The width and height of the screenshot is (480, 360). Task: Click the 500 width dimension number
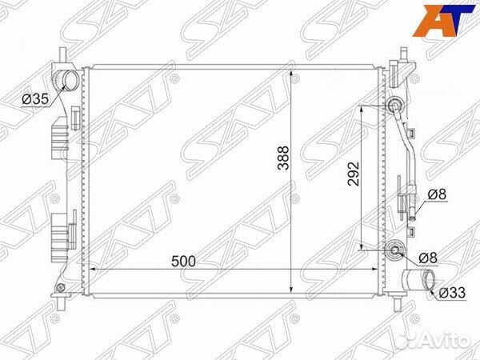183,261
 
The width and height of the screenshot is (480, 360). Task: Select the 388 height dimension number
283,158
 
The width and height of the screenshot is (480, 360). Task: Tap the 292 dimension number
354,174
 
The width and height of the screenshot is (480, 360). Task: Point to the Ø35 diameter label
35,99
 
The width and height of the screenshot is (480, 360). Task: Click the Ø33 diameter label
452,293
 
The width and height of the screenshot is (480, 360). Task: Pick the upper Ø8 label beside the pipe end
437,194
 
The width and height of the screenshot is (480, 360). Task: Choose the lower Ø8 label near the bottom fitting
428,258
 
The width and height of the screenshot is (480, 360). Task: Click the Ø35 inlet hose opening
70,79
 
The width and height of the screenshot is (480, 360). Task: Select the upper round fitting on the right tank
395,106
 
